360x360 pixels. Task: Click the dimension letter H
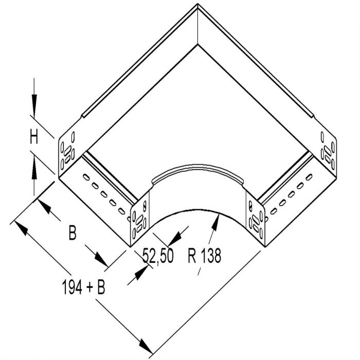point(34,136)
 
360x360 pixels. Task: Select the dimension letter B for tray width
point(73,233)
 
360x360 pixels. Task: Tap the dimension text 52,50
point(158,256)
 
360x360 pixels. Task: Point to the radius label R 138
point(204,255)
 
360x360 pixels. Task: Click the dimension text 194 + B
point(83,287)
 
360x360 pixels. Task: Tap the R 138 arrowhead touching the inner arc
point(215,222)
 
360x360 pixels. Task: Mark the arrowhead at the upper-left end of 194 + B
point(21,228)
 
